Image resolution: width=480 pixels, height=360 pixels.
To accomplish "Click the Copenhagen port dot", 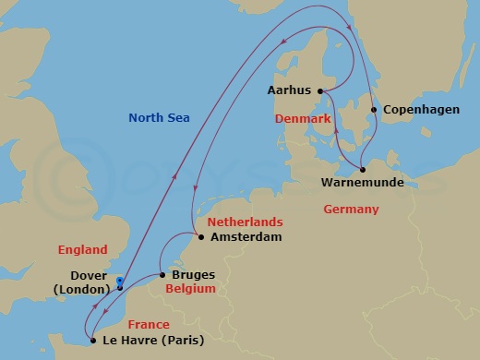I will (x=373, y=110).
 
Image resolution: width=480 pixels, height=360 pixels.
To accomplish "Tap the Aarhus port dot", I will (x=319, y=90).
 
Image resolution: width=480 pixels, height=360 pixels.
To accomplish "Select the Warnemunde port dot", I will (x=363, y=170).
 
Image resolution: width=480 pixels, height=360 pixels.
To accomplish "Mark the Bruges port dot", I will (x=162, y=275).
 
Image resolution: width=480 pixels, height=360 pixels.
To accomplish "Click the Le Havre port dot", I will (x=92, y=340).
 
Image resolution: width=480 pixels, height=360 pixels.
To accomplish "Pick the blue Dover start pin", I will (x=120, y=282).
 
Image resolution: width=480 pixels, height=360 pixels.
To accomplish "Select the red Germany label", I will (x=351, y=210).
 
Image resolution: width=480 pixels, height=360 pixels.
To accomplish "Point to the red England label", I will (x=82, y=249).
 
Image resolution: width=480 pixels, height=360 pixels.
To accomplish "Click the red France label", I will (x=149, y=324).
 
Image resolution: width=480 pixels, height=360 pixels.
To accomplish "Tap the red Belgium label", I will (x=190, y=289).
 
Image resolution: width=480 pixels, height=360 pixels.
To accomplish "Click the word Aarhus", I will (x=289, y=90).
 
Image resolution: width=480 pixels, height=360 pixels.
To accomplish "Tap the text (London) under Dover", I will (x=80, y=289).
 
